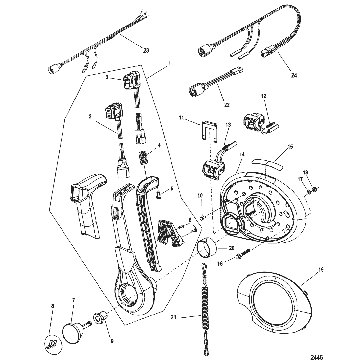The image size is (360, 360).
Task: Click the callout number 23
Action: click(146, 50)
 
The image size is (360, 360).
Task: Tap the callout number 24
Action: click(294, 75)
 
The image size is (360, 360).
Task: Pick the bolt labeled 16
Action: click(242, 254)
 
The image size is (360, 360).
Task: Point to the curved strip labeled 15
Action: click(267, 164)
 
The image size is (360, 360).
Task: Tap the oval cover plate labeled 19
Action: click(275, 301)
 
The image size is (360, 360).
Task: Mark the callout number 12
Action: click(263, 96)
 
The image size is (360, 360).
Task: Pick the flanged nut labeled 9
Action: click(99, 317)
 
